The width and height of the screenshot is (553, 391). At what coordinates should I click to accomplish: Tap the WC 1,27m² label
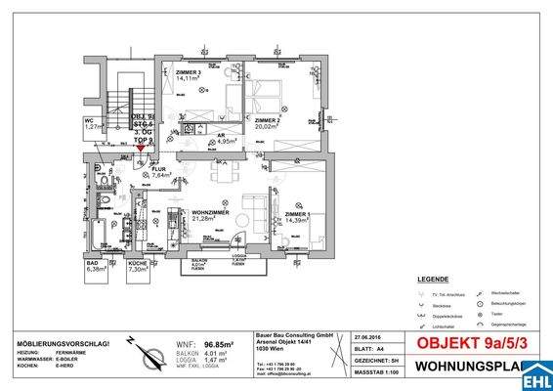tap(94, 122)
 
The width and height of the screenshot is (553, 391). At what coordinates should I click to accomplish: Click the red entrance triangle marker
tap(143, 148)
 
